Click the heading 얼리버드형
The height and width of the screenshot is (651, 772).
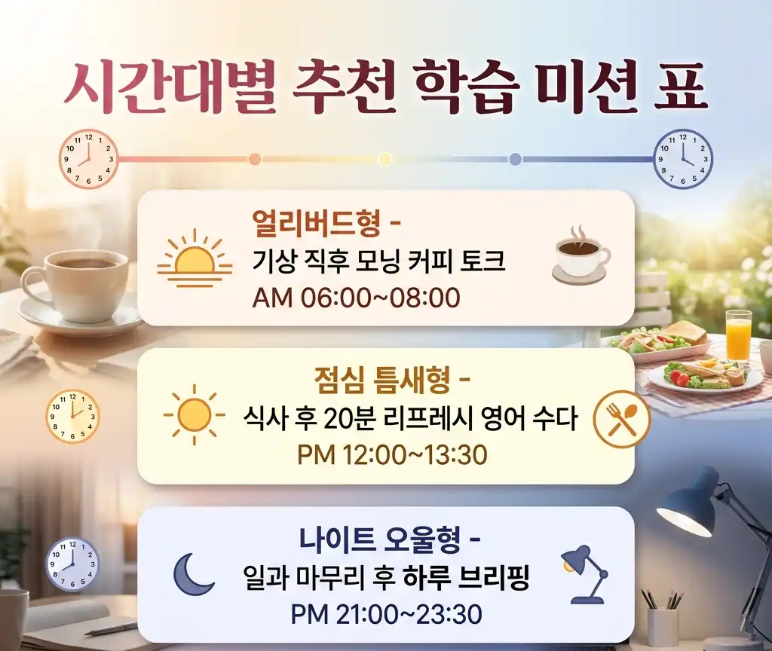point(318,224)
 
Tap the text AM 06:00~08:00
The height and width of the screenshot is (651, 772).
point(356,298)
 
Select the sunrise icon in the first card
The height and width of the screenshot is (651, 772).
point(195,259)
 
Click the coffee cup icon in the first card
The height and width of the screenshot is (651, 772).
point(581,255)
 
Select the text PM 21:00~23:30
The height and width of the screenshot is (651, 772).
point(386,614)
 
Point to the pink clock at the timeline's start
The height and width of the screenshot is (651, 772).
point(89,159)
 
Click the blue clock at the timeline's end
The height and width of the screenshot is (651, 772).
point(682,159)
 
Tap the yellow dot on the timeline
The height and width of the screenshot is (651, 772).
point(384,159)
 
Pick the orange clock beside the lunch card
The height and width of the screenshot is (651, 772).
point(73,416)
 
